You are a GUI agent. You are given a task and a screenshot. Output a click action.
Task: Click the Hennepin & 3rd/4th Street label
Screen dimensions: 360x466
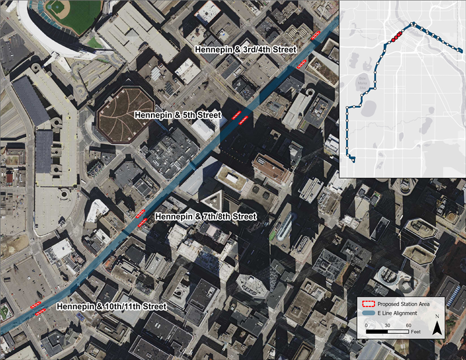coord(245,50)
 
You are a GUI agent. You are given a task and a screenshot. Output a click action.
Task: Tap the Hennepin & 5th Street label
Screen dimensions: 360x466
coord(178,115)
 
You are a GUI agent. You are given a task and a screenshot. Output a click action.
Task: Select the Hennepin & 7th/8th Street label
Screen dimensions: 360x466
coord(207,217)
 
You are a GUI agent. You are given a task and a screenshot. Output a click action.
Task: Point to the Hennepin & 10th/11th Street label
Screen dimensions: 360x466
coord(112,306)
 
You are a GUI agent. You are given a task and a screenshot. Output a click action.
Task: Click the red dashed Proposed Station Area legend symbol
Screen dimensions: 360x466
coord(367,303)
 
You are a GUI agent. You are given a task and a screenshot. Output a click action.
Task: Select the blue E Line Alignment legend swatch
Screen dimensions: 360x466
coord(367,313)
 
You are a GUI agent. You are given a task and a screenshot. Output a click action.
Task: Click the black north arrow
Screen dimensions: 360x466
coord(437,329)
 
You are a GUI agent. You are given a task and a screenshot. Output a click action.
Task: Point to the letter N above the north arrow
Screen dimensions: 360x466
coord(437,318)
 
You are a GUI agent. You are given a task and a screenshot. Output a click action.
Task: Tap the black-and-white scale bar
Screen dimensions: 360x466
coord(387,331)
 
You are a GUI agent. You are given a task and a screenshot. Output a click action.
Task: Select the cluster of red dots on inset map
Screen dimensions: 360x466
coord(396,37)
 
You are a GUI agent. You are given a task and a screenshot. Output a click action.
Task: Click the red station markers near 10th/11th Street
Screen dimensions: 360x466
coord(38,308)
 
